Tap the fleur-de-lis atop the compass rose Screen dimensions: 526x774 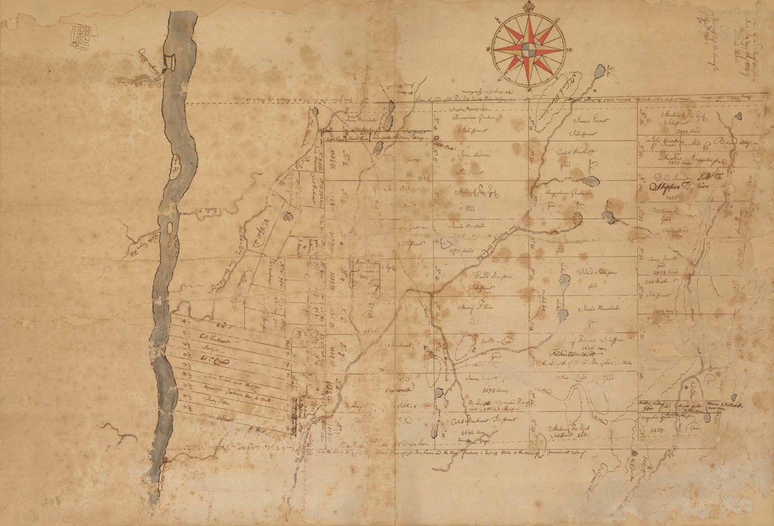click(528, 8)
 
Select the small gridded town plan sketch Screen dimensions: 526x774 click(80, 36)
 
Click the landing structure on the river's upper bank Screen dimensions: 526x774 click(170, 60)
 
